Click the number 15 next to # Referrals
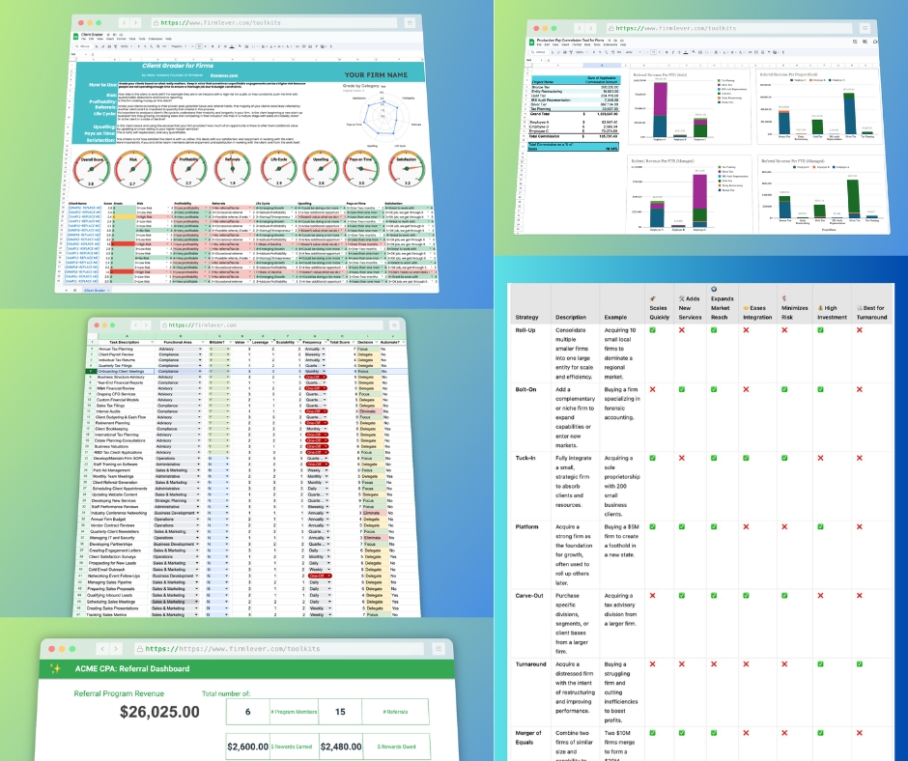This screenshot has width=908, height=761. pos(340,712)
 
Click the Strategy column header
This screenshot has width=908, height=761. pos(527,317)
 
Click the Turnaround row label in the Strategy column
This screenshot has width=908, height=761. pos(532,663)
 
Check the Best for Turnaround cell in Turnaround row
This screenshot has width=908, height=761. pos(859,663)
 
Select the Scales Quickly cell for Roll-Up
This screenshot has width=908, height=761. pos(654,330)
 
